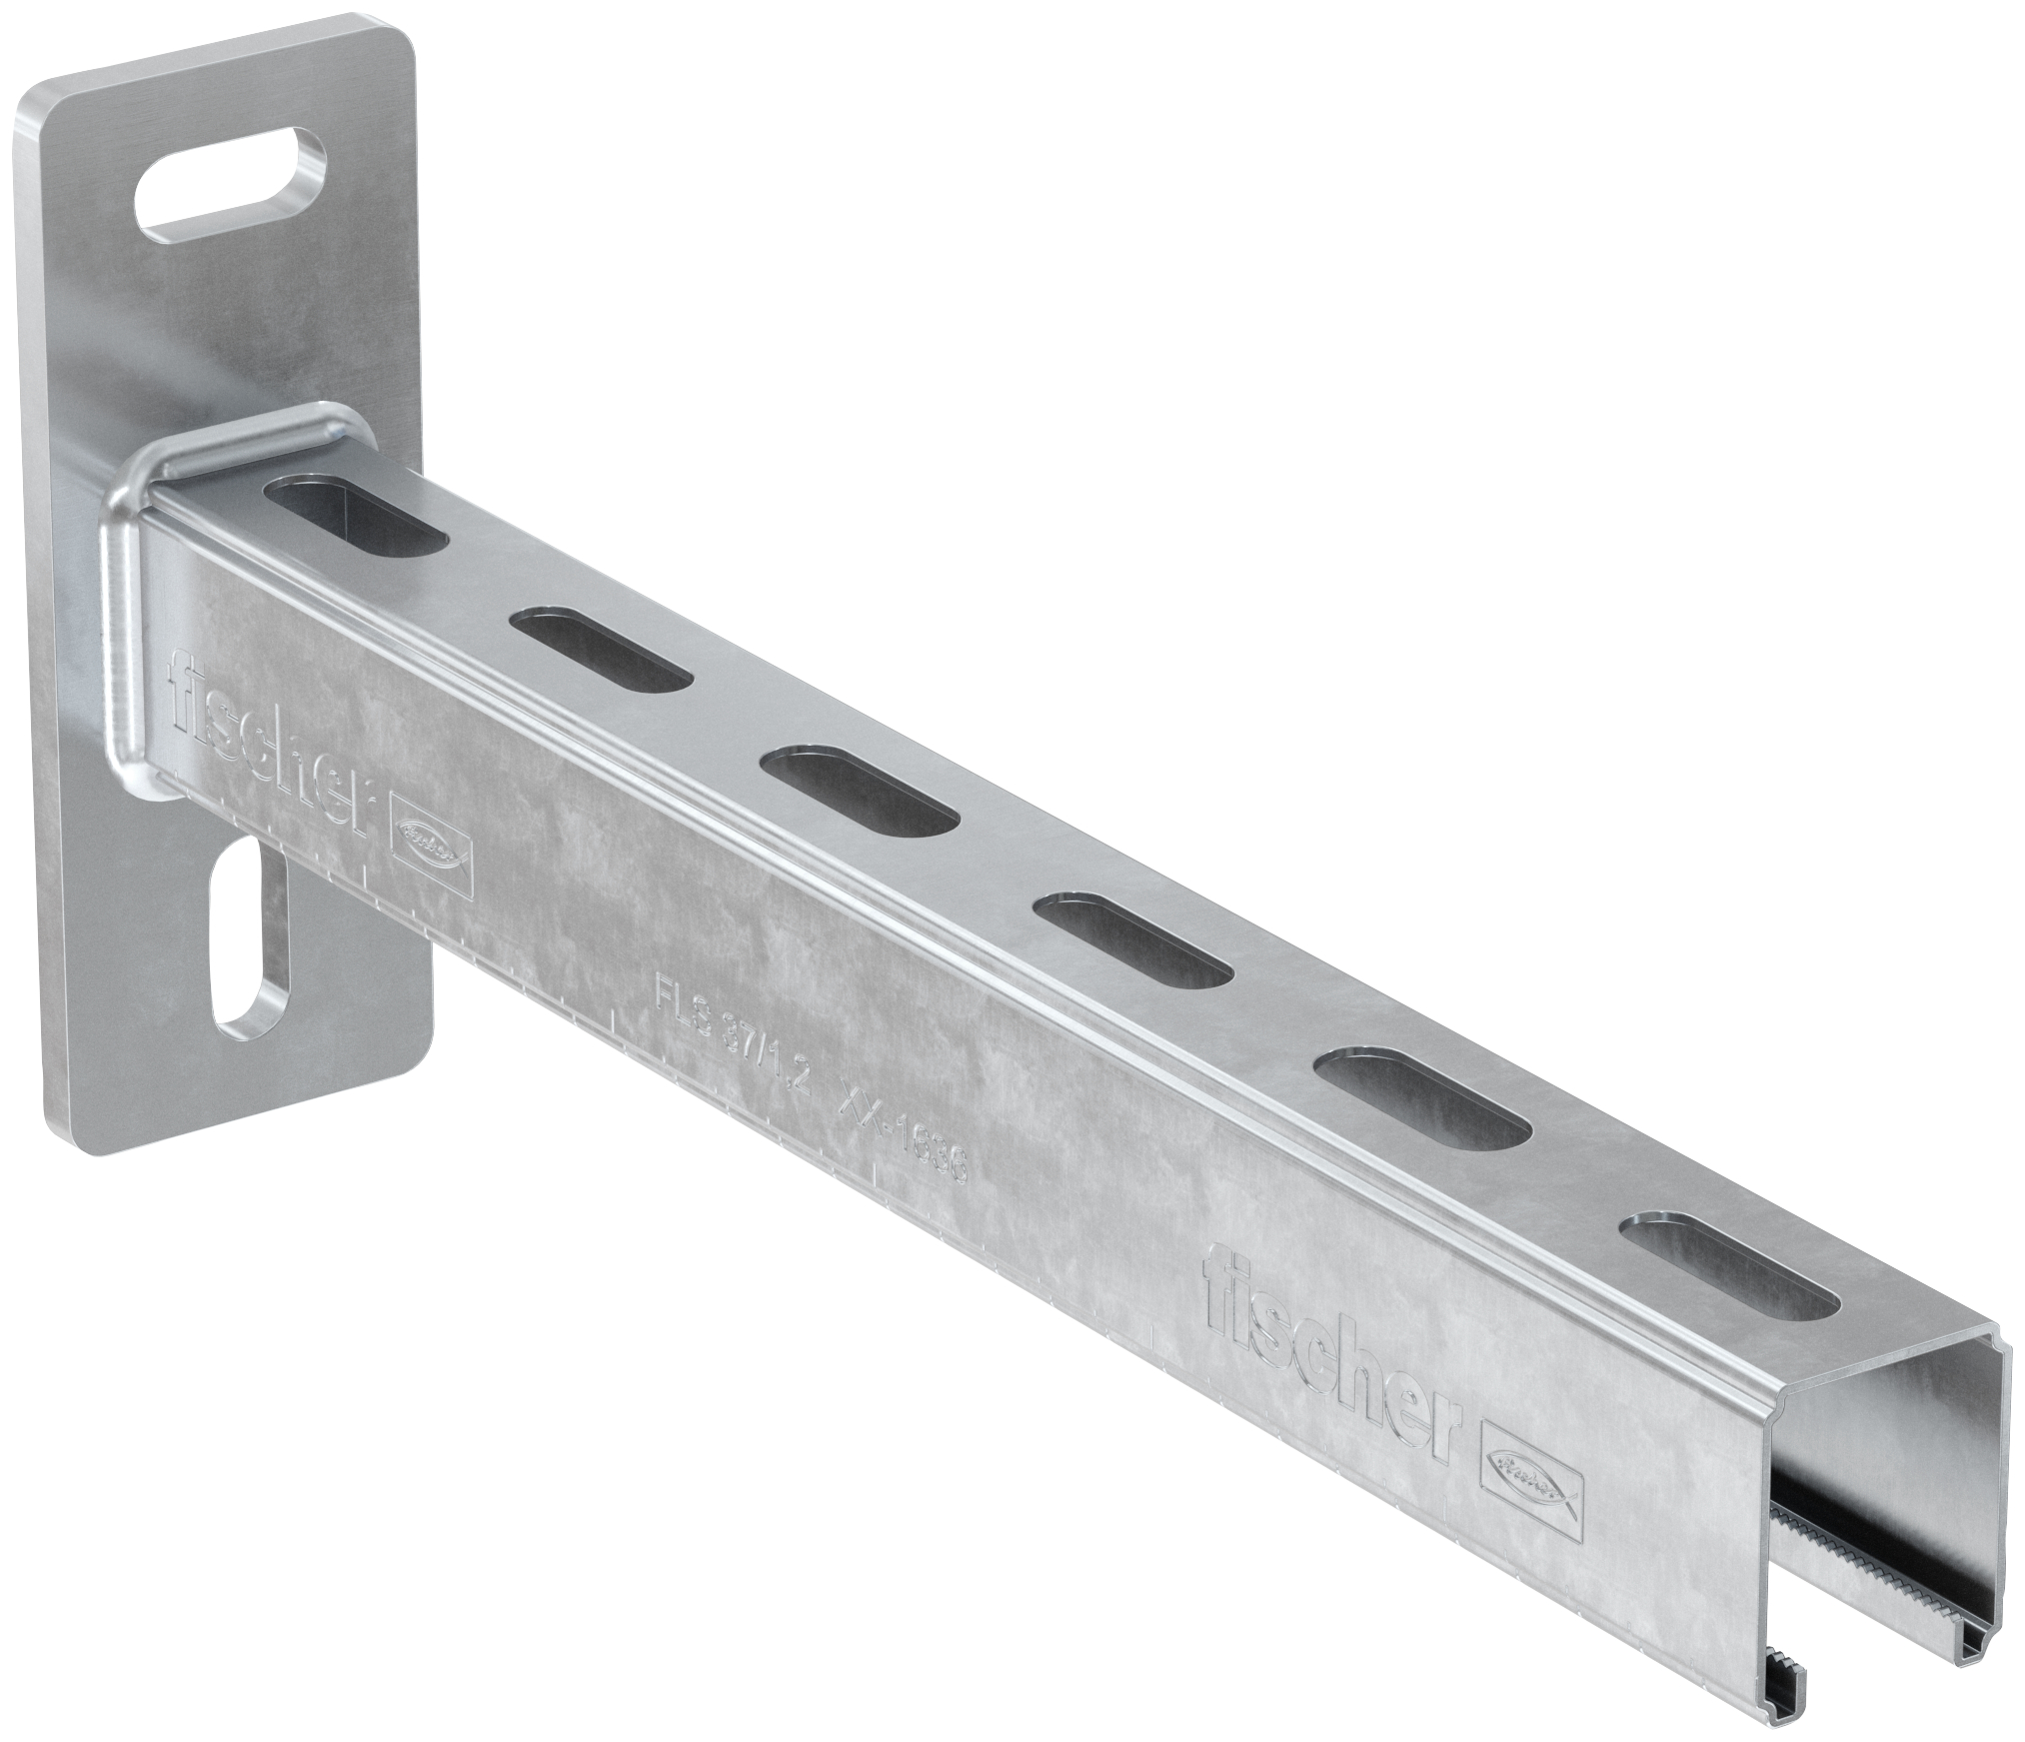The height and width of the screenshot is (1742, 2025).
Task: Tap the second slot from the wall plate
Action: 603,649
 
